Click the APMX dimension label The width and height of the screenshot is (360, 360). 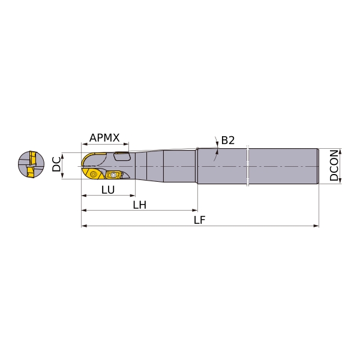coord(104,138)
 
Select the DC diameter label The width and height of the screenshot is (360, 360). coord(56,164)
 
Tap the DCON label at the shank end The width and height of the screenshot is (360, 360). coord(334,166)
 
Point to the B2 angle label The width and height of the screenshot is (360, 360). coord(228,140)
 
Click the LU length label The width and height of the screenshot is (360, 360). coord(108,190)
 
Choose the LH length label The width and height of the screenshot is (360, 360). coord(140,205)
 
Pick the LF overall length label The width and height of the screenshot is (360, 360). coord(200,220)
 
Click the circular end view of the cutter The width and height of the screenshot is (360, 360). coord(31,164)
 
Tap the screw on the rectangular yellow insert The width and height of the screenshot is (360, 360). coord(113,175)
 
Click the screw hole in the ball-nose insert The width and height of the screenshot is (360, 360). coord(93,174)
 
